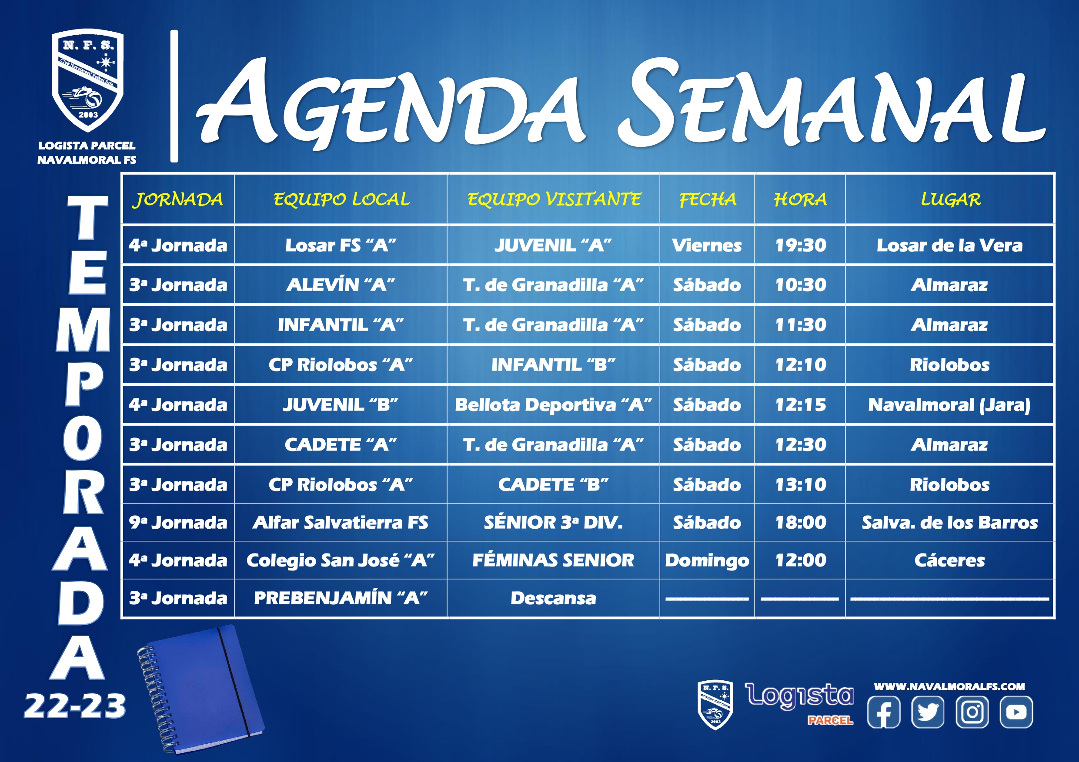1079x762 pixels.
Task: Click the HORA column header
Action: tap(800, 199)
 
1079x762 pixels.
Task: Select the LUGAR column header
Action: tap(950, 199)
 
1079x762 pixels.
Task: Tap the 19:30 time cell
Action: tap(800, 245)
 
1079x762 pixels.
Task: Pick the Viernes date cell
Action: tap(707, 245)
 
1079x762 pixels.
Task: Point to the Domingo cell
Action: tap(707, 560)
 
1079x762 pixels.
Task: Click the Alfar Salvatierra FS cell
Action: tap(340, 523)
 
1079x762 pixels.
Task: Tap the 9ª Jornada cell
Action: tap(178, 523)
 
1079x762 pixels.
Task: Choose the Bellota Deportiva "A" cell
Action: tap(553, 405)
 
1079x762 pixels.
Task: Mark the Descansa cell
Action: tap(553, 598)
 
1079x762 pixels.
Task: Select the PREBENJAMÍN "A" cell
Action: tap(340, 598)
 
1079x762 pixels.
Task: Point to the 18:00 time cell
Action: tap(800, 523)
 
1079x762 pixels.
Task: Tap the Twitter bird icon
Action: tap(928, 712)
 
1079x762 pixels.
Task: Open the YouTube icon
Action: tap(1016, 712)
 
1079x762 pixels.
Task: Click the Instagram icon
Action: tap(972, 712)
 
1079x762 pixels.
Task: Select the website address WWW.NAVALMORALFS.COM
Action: tap(949, 686)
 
